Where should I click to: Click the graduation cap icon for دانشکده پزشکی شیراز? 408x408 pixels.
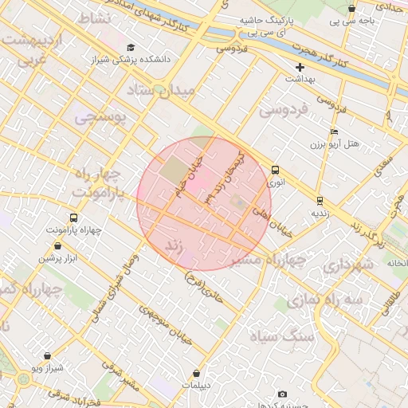pyautogui.click(x=131, y=47)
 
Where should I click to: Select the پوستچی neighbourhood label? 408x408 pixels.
pyautogui.click(x=100, y=118)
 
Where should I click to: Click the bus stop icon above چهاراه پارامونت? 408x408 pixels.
pyautogui.click(x=74, y=218)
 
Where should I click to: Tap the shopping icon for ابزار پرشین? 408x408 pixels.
pyautogui.click(x=47, y=246)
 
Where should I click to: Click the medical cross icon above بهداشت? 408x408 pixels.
pyautogui.click(x=300, y=68)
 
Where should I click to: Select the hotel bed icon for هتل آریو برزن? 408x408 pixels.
pyautogui.click(x=333, y=131)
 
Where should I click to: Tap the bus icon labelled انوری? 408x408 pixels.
pyautogui.click(x=275, y=170)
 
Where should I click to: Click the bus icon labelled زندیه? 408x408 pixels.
pyautogui.click(x=320, y=201)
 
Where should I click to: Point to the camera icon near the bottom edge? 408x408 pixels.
pyautogui.click(x=282, y=394)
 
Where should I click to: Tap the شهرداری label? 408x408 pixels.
pyautogui.click(x=347, y=263)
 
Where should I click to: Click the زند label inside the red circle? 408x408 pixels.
pyautogui.click(x=174, y=247)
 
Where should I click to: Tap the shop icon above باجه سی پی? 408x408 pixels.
pyautogui.click(x=351, y=8)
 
